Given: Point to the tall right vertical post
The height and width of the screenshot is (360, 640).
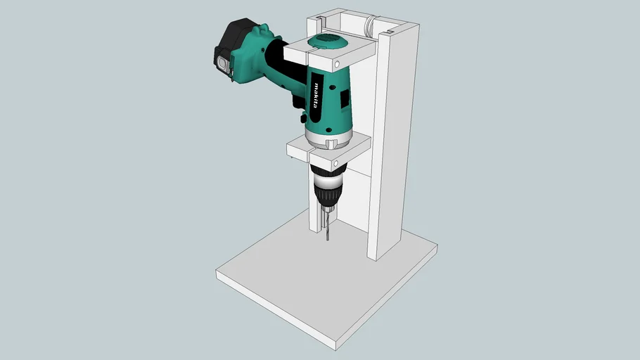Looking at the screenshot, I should coord(394,141).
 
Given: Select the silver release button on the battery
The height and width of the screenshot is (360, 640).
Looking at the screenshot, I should coord(224,63).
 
